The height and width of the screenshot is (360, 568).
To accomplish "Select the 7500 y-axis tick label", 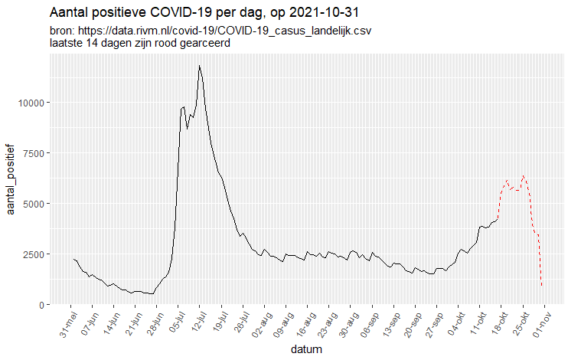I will tap(35, 153).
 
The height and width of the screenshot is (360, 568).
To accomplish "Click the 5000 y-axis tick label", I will tap(35, 204).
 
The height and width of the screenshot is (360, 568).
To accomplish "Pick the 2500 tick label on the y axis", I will tap(35, 254).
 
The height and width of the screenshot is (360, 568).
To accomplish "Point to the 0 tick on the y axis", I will tap(44, 305).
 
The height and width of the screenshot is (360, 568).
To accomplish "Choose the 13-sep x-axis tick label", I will tap(384, 325).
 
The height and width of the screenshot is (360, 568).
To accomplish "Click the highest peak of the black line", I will tap(199, 66).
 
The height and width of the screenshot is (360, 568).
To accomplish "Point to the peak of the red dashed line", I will tap(524, 176).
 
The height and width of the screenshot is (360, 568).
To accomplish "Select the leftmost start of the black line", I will tap(73, 259).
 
